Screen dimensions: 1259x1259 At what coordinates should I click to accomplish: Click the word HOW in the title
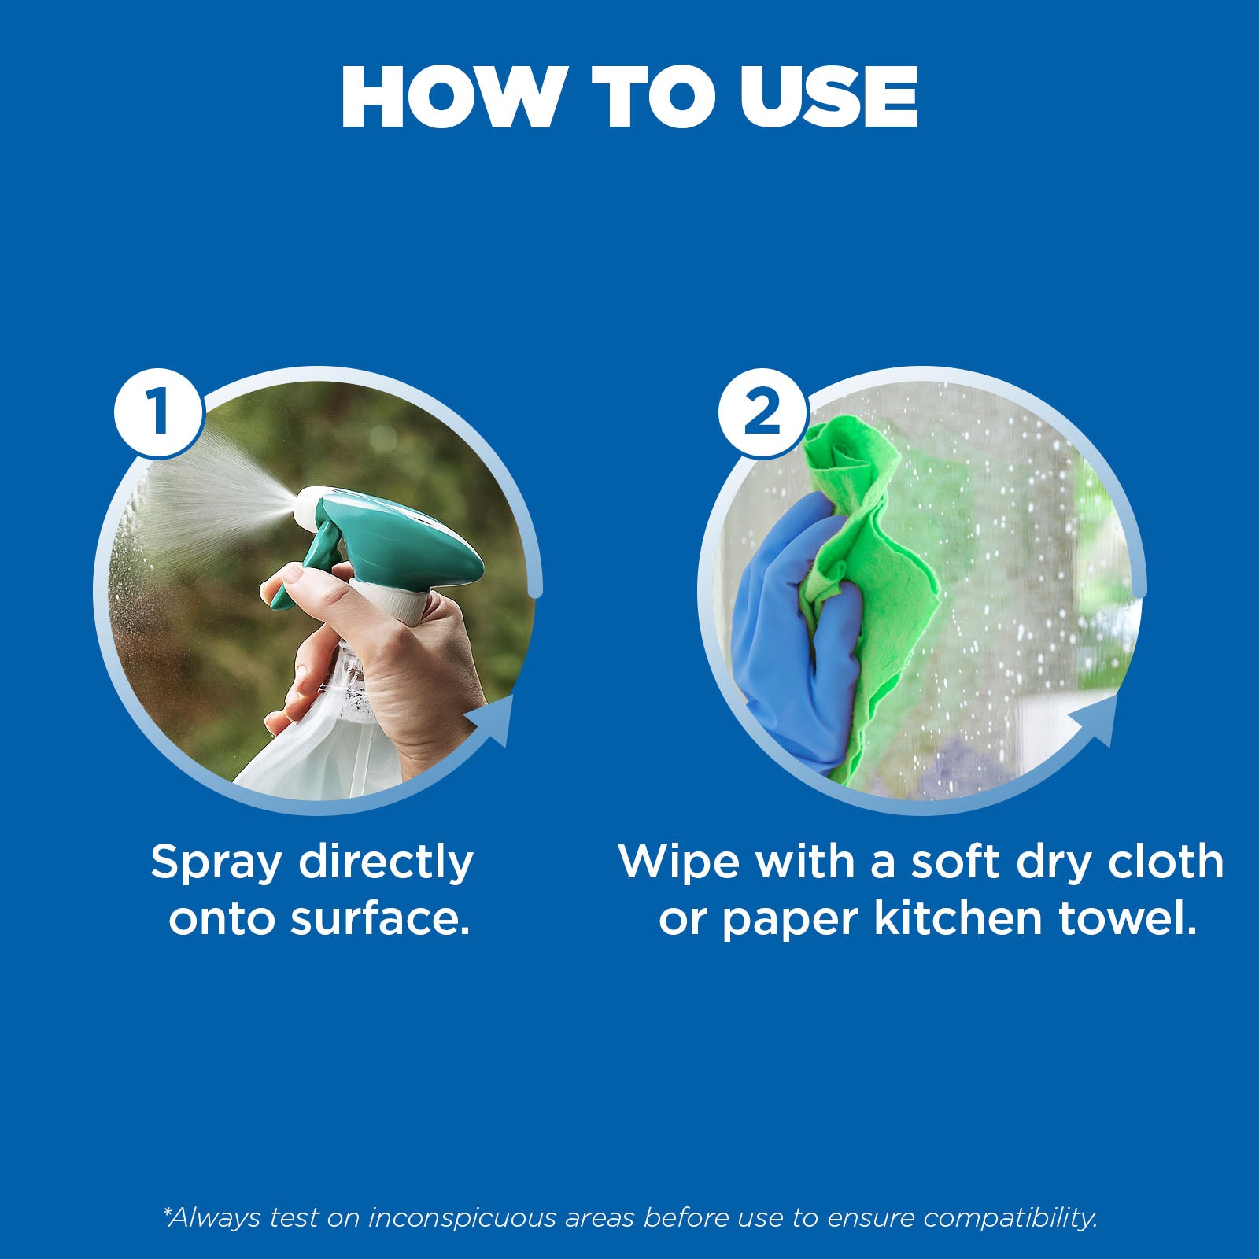coord(454,97)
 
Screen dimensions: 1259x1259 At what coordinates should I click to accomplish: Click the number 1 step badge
coord(160,412)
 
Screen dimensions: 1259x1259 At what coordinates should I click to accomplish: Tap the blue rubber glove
coord(795,629)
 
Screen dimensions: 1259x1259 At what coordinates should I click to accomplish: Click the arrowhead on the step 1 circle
coord(492,720)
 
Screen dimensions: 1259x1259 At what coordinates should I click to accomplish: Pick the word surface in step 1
coord(380,919)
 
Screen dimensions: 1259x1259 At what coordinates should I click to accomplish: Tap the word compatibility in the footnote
coord(1010,1218)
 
